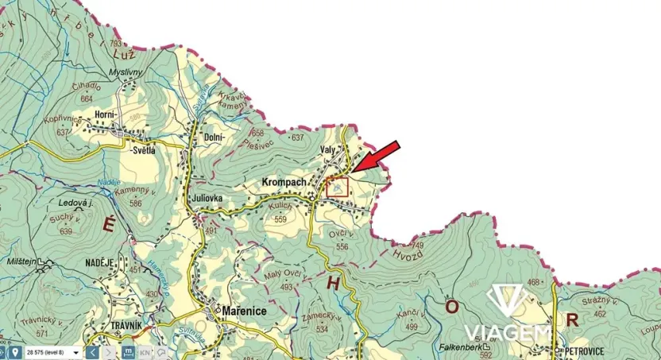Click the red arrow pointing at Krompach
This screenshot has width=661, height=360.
(x=376, y=157)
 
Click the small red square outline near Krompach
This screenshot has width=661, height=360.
(x=337, y=188)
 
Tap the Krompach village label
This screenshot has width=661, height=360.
(x=284, y=183)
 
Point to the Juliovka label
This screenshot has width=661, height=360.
(x=207, y=198)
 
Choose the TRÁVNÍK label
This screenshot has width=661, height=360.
(x=104, y=326)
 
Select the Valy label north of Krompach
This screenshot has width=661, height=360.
(x=327, y=149)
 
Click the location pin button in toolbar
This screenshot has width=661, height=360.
(x=16, y=351)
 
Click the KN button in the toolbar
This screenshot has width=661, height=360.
(x=145, y=351)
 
